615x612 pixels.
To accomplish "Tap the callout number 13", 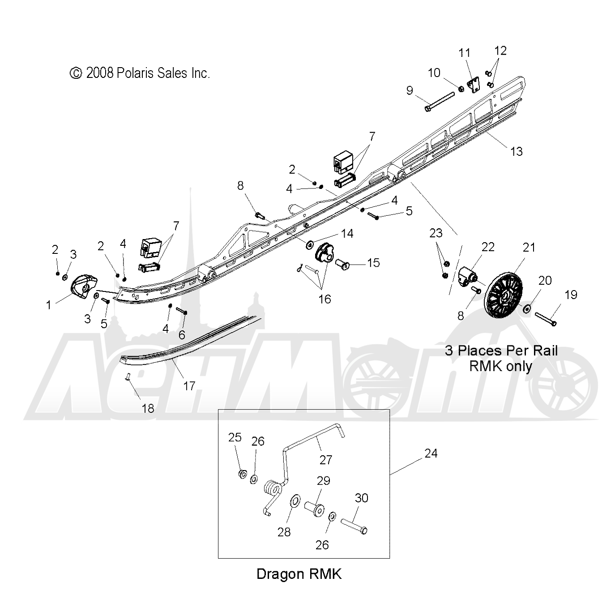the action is (517, 151).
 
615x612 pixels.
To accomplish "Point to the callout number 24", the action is (431, 453).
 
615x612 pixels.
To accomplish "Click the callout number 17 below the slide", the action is (189, 386).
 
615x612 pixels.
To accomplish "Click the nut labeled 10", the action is (461, 89).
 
